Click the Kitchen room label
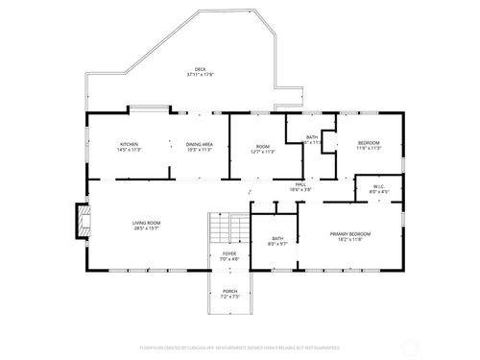[x=129, y=144]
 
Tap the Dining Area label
[x=200, y=144]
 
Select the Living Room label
[x=147, y=223]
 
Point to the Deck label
[x=200, y=69]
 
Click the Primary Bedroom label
[x=350, y=233]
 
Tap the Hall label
[x=300, y=183]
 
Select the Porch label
[x=230, y=291]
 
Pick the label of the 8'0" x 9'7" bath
[x=277, y=238]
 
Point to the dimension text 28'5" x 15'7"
[x=147, y=228]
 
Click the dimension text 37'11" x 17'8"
[x=200, y=75]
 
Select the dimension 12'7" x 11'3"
[x=263, y=150]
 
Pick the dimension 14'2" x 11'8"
[x=350, y=239]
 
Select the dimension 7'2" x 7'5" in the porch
[x=230, y=297]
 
